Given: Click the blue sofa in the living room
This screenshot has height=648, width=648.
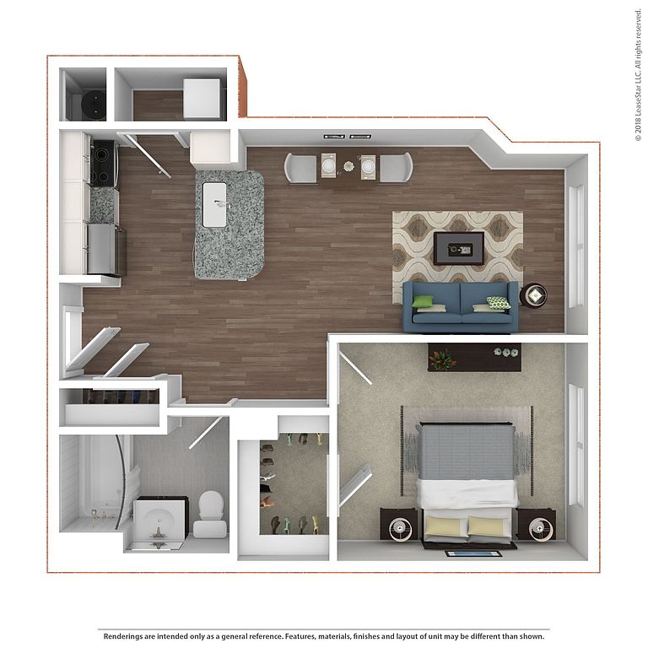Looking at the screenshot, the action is coord(460,307).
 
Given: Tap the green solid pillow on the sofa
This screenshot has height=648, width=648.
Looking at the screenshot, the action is coord(422,301).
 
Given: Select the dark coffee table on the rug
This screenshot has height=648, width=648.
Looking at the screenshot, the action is coord(459,248).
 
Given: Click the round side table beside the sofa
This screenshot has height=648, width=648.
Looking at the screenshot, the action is coord(533,295).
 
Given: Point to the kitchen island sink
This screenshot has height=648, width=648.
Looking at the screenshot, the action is coord(215,204).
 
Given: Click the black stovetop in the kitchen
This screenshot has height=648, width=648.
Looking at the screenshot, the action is coord(103,162).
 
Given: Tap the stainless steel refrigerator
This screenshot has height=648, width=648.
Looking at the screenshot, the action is coord(106,250).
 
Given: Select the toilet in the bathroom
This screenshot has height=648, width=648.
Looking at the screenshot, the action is coord(210,514).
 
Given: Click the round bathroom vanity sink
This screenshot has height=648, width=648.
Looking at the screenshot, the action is coord(159,523).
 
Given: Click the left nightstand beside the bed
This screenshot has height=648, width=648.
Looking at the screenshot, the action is coord(399,525).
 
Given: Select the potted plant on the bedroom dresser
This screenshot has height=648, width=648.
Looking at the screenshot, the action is coord(442,359).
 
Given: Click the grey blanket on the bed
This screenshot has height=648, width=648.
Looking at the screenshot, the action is coord(467,452).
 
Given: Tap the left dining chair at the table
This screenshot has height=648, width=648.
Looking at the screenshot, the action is coord(300,167).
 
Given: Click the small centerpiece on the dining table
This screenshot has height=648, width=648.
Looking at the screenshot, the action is coord(348,166).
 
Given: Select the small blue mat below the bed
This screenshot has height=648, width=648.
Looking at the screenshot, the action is coord(473,553).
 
